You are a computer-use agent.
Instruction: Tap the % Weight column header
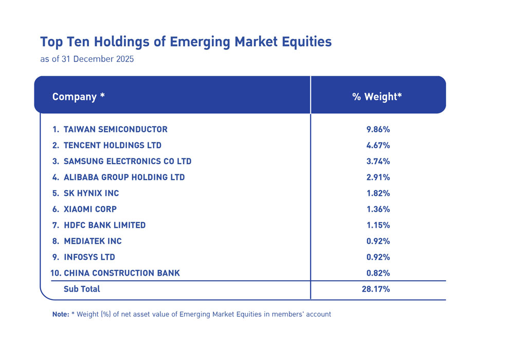tap(377, 97)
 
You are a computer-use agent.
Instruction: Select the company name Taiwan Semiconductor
tap(115, 129)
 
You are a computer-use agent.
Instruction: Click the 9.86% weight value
tap(378, 129)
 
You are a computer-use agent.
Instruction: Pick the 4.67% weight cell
tap(378, 145)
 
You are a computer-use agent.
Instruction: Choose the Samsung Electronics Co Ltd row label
tap(127, 161)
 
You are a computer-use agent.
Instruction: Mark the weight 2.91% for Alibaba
tap(378, 177)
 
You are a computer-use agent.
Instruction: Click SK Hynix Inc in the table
tap(91, 193)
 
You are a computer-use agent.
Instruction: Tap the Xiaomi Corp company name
tap(90, 209)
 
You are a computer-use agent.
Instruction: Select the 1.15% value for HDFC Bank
tap(378, 225)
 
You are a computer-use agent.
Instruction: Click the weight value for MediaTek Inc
tap(378, 241)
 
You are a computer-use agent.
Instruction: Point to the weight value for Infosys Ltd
tap(378, 257)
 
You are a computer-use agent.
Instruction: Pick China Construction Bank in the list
tap(122, 273)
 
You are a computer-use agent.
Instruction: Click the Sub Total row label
tap(82, 289)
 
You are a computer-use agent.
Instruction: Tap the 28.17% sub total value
tap(376, 289)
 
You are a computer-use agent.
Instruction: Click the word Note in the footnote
tap(60, 314)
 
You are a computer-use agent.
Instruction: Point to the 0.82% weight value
tap(378, 273)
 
